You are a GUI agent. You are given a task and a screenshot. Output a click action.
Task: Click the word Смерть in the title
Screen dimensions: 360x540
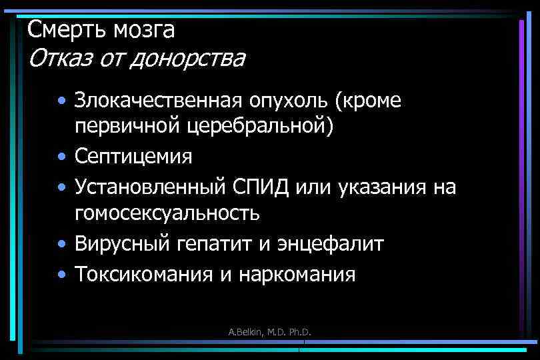pyautogui.click(x=59, y=29)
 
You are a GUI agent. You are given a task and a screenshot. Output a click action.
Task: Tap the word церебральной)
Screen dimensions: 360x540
pyautogui.click(x=261, y=127)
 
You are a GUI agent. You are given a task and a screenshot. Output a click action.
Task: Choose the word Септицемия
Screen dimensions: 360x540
pyautogui.click(x=133, y=157)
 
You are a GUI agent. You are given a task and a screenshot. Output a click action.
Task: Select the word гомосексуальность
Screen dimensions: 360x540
pyautogui.click(x=167, y=214)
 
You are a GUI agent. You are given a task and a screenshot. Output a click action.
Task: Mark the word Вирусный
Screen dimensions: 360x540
pyautogui.click(x=125, y=244)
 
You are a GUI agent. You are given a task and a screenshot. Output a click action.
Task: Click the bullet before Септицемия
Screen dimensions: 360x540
pyautogui.click(x=61, y=158)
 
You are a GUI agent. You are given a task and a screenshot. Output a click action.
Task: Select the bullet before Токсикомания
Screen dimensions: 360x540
pyautogui.click(x=61, y=274)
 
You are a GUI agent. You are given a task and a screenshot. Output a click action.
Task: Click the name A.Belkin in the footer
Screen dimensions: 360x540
pyautogui.click(x=243, y=332)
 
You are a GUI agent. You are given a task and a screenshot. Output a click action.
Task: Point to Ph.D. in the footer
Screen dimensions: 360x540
pyautogui.click(x=298, y=332)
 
